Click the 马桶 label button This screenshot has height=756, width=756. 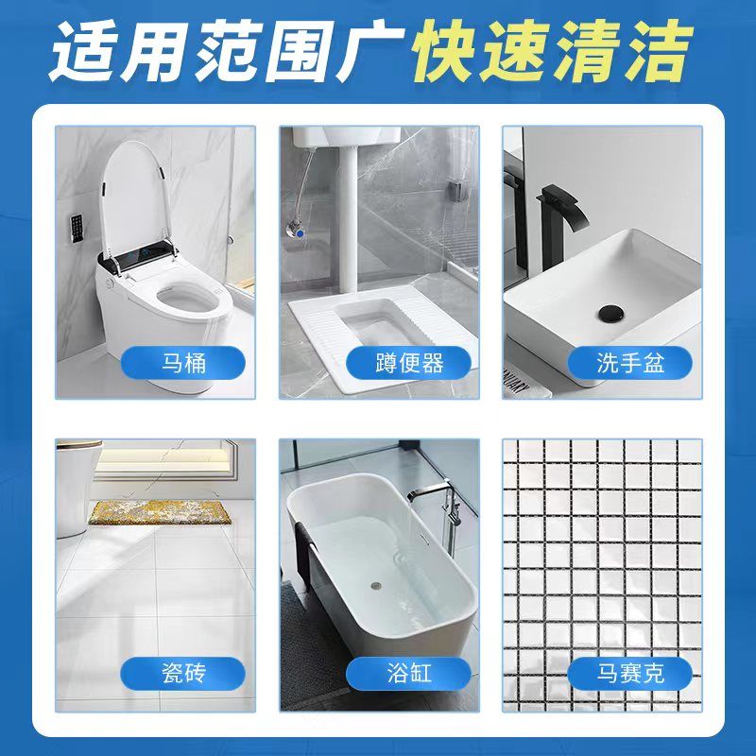(182, 363)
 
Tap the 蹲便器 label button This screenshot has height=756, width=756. (408, 363)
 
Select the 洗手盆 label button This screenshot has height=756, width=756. (629, 363)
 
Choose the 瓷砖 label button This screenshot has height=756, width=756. (182, 673)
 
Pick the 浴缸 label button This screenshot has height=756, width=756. (408, 673)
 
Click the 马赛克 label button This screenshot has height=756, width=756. (629, 673)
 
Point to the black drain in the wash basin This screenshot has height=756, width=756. (610, 314)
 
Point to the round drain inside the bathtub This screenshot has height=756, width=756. (376, 586)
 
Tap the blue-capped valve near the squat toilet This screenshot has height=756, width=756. (300, 232)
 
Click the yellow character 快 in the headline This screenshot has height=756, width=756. (444, 51)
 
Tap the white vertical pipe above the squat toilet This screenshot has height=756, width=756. (346, 217)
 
